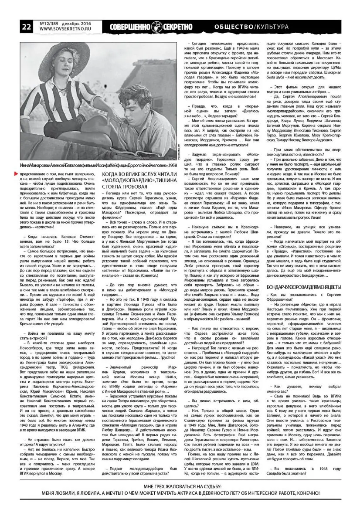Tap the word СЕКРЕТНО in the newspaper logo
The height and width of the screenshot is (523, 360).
[x=177, y=27]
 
